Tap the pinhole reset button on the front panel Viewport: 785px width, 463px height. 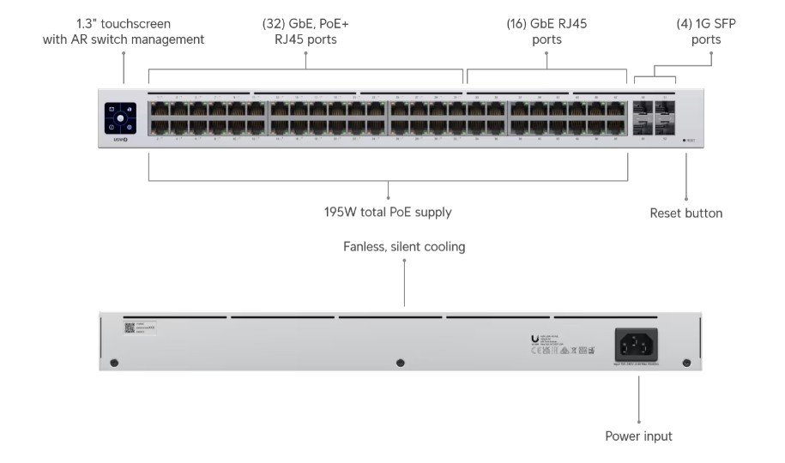(685, 139)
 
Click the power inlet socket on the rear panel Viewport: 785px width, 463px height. (636, 346)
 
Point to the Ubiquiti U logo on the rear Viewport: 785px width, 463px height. (534, 338)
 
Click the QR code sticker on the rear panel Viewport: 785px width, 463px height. (130, 328)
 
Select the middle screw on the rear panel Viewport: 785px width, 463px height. (400, 364)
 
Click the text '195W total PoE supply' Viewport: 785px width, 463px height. (387, 212)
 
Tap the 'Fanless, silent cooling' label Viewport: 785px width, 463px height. (404, 247)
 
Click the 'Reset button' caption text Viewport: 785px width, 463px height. (685, 213)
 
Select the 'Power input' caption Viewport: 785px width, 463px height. (638, 436)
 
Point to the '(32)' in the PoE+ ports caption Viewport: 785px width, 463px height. (275, 23)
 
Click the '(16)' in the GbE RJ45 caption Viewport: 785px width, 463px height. (519, 23)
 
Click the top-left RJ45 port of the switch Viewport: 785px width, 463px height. (157, 110)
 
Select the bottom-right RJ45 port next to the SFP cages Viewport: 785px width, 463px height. (617, 127)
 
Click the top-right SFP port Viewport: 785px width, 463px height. (664, 110)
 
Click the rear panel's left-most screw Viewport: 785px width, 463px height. (114, 364)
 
